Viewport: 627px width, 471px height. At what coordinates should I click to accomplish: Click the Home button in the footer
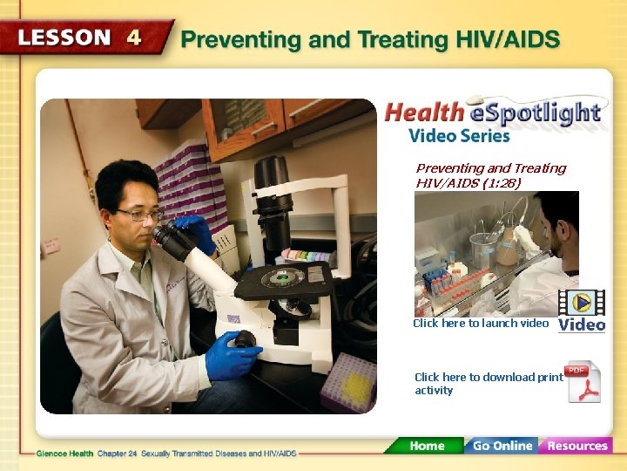pyautogui.click(x=426, y=446)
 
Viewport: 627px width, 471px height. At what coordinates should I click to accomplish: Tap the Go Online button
pyautogui.click(x=501, y=446)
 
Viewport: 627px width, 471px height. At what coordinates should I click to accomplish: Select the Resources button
pyautogui.click(x=576, y=446)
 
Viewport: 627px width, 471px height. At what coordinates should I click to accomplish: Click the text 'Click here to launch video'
pyautogui.click(x=481, y=324)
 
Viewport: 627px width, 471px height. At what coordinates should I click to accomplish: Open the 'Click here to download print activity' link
pyautogui.click(x=488, y=384)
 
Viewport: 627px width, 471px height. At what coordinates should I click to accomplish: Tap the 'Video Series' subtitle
pyautogui.click(x=459, y=135)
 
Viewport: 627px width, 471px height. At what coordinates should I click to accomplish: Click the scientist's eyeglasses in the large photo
pyautogui.click(x=139, y=215)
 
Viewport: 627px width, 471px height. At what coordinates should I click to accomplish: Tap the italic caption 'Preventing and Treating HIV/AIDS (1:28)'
pyautogui.click(x=490, y=175)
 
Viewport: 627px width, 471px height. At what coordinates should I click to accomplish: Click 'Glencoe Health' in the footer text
pyautogui.click(x=64, y=454)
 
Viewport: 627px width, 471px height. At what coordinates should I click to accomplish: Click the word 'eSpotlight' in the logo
pyautogui.click(x=535, y=113)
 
